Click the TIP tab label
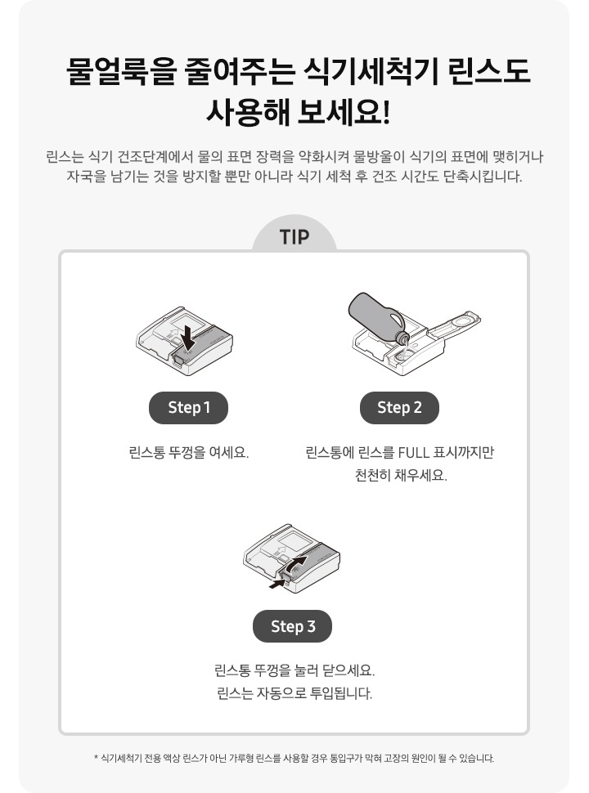coord(294,237)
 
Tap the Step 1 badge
coord(189,407)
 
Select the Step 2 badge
coord(399,407)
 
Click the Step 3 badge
coord(293,626)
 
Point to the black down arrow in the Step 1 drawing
coord(189,335)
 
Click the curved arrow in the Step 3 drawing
coord(299,563)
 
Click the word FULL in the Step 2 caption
coord(416,452)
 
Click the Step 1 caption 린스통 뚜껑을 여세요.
coord(189,452)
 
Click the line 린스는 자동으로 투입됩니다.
coord(294,694)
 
